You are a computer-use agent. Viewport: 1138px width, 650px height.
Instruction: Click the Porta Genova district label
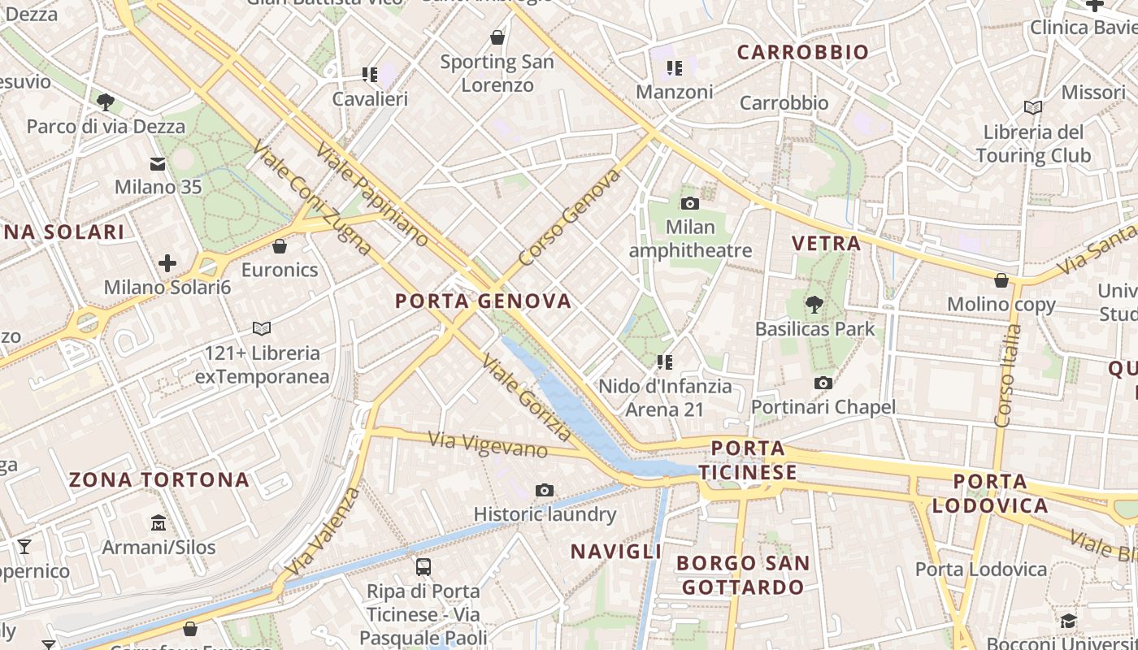484,301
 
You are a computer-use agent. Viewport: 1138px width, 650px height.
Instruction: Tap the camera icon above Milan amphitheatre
690,203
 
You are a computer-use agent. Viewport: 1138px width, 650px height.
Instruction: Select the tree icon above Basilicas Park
814,305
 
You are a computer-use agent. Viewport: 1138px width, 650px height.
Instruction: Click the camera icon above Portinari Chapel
823,383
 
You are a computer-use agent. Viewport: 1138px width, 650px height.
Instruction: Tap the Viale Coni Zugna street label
312,197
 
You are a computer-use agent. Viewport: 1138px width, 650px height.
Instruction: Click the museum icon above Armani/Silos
159,522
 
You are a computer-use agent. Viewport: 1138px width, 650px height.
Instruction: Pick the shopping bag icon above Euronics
280,246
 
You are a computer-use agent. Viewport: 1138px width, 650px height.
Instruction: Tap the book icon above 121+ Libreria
262,329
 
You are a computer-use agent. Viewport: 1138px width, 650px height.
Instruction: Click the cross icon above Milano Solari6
167,263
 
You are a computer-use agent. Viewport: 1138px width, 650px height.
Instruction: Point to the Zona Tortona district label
159,479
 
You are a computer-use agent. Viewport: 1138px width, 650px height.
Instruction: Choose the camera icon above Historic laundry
545,490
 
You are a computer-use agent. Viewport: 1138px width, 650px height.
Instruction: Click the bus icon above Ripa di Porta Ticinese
423,567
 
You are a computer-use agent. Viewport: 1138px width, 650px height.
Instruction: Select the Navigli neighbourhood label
615,552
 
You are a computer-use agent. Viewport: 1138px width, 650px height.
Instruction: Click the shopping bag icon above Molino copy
1001,280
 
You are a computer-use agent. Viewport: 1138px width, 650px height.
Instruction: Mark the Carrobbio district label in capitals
803,53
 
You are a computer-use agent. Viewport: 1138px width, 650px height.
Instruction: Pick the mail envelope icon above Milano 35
158,165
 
